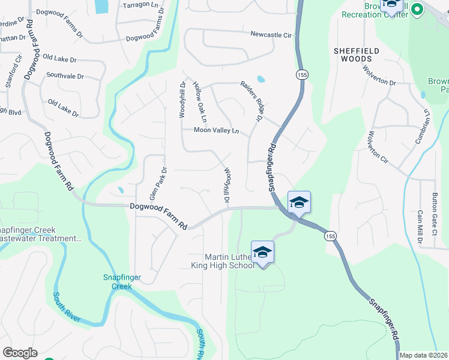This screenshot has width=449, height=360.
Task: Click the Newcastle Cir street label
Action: (x=271, y=35)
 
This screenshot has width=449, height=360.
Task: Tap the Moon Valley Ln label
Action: (x=216, y=131)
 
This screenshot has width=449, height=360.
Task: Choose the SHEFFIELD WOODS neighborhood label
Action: (x=357, y=55)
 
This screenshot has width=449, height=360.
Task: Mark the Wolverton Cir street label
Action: (x=378, y=147)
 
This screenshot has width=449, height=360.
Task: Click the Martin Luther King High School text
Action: (x=231, y=261)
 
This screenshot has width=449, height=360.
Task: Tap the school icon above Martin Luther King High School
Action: (x=262, y=252)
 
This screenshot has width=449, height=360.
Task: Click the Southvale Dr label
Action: (x=65, y=76)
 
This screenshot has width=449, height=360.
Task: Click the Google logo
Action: (x=20, y=353)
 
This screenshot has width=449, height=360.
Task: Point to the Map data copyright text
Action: (x=424, y=355)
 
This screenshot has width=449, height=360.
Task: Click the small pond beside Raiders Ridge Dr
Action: (x=261, y=79)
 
